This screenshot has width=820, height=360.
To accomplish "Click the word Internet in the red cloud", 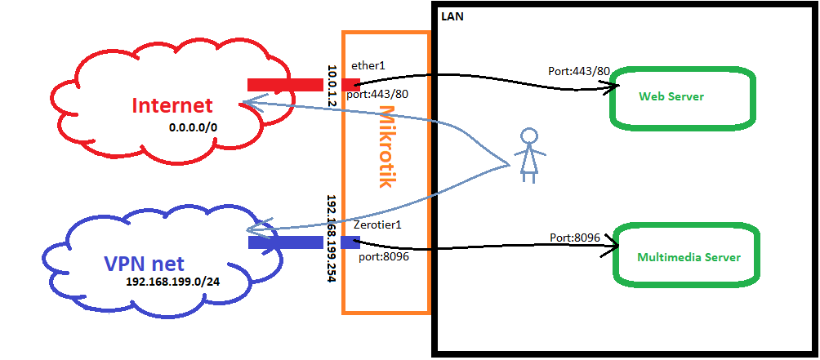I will (172, 105).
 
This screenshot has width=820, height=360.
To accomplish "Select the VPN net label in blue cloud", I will (144, 264).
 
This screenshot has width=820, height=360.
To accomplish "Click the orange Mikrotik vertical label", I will (386, 147).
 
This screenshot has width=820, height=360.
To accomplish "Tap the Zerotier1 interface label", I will (377, 224).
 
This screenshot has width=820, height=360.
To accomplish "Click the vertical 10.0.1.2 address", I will (332, 85).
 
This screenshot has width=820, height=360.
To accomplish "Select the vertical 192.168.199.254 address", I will (332, 238).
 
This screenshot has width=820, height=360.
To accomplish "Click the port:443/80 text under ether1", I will (377, 94).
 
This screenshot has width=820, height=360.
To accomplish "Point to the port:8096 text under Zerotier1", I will (384, 256).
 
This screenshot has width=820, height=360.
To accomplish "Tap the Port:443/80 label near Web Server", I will (579, 71).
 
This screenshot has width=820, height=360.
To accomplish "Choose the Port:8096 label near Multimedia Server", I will (575, 238).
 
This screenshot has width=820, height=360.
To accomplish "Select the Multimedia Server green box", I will (688, 257).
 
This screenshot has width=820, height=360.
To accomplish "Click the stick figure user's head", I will (529, 136).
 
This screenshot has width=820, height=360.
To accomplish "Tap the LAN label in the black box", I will (452, 16).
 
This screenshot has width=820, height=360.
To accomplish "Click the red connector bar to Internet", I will (302, 84).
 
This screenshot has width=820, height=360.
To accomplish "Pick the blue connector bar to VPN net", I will (302, 242).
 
